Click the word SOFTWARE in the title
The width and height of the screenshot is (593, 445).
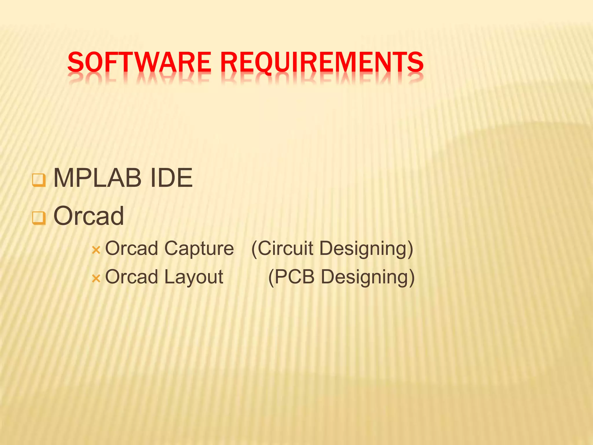139,62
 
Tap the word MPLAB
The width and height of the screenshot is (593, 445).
97,178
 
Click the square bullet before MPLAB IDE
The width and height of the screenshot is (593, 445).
39,180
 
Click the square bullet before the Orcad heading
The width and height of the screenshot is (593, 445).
39,218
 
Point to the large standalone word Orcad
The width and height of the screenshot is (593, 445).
89,216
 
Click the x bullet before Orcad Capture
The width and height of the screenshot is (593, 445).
96,250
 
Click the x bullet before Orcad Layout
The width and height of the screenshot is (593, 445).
96,279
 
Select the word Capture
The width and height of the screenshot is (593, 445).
199,249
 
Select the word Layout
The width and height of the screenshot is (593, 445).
194,277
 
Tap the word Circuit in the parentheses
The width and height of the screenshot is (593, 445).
285,249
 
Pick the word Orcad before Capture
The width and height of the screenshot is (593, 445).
131,249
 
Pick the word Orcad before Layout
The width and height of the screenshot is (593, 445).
131,277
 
